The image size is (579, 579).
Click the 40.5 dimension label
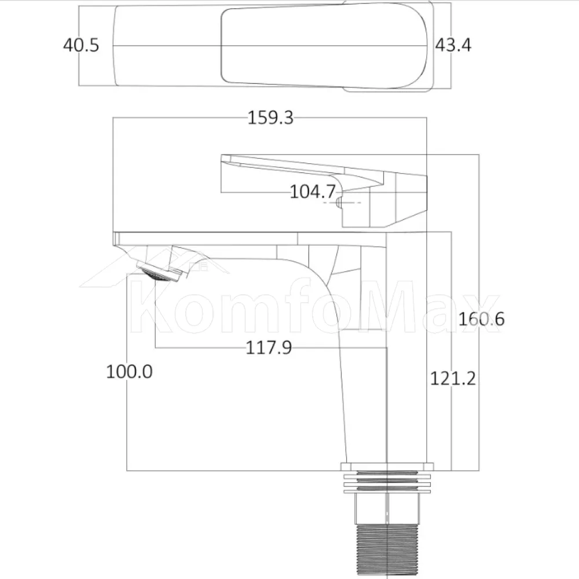point(81,45)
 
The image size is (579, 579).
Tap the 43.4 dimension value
point(453,45)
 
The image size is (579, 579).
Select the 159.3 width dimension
point(270,118)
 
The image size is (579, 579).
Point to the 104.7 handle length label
point(313,192)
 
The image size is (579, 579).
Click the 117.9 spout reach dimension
point(269,347)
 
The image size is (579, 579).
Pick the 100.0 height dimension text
point(129,372)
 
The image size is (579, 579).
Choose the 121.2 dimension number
point(453,379)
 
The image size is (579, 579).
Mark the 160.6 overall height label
point(481,318)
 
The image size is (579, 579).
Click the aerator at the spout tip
point(160,273)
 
